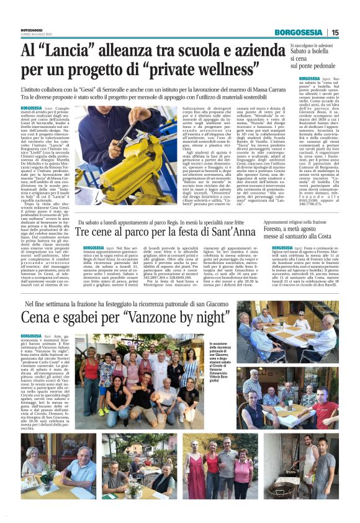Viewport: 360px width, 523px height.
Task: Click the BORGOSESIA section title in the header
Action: (x=299, y=32)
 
